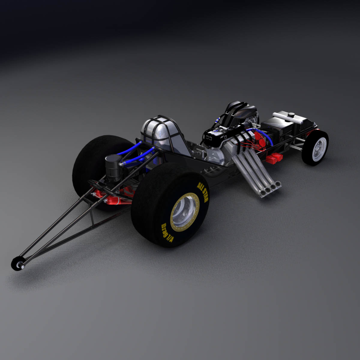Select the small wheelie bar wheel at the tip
[x=18, y=263]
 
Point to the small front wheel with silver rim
[x=316, y=147]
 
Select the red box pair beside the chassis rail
[x=274, y=158]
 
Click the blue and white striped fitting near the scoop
[x=219, y=119]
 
